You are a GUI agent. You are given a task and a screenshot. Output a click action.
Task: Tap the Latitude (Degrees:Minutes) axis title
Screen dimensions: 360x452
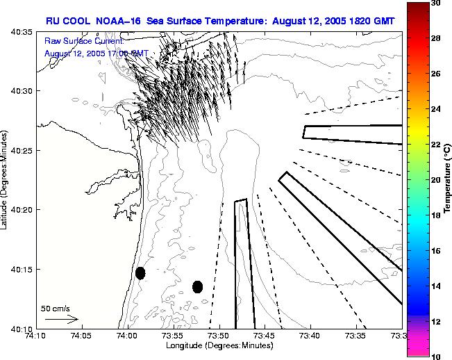pyautogui.click(x=6, y=180)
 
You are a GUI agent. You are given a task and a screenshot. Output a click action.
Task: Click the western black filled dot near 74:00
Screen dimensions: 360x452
pyautogui.click(x=140, y=273)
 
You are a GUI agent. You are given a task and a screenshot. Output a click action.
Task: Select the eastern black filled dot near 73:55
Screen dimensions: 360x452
pyautogui.click(x=197, y=286)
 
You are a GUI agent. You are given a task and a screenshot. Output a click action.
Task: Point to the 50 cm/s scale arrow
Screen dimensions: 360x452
pyautogui.click(x=61, y=319)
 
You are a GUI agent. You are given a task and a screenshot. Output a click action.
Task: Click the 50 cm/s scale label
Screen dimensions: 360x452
pyautogui.click(x=56, y=308)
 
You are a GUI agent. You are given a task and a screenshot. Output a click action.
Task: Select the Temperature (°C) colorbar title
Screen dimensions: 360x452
pyautogui.click(x=448, y=179)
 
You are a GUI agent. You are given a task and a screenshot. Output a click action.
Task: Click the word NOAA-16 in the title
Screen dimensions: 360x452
pyautogui.click(x=115, y=21)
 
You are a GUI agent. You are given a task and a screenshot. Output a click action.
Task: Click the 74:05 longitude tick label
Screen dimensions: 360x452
pyautogui.click(x=81, y=336)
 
